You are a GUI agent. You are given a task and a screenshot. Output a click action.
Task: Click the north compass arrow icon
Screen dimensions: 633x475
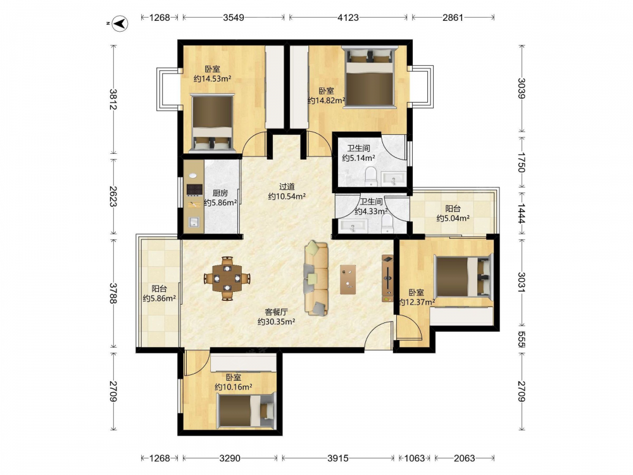[x=120, y=23]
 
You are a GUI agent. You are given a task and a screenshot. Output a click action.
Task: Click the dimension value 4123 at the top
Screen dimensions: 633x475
[x=348, y=17]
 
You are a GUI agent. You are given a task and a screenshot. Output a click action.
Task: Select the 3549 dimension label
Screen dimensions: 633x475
[x=234, y=17]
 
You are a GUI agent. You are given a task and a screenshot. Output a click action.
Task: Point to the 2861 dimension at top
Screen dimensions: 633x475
[x=453, y=17]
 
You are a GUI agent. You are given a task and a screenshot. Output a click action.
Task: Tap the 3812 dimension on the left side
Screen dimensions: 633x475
[x=113, y=99]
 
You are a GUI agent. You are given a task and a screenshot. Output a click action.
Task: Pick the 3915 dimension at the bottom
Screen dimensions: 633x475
[x=338, y=458]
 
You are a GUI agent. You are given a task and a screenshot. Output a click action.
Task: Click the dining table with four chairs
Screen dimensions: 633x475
[x=227, y=278]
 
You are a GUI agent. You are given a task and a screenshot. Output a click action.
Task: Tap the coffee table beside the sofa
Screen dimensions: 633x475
[x=348, y=279]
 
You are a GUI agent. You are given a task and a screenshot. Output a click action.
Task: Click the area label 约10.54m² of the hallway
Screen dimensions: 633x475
[x=287, y=196]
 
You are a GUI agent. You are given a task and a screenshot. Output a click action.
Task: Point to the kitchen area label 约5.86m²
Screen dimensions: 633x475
[x=220, y=203]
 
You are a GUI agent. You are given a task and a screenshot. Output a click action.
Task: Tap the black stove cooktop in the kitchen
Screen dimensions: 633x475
[x=194, y=190]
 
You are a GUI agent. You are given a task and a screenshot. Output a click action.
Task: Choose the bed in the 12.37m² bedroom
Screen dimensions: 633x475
[x=464, y=277]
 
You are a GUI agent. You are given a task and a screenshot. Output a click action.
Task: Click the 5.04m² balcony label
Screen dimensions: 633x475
[x=453, y=218]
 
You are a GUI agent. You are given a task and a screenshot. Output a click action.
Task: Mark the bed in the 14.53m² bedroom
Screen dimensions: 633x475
[x=212, y=123]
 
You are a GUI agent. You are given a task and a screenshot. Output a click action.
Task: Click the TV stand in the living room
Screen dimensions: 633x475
[x=387, y=278]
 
